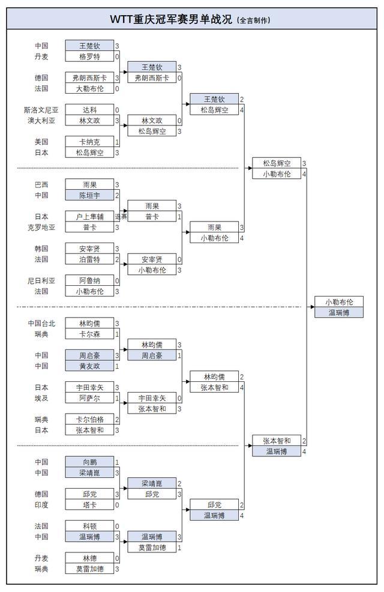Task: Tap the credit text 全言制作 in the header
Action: coord(254,20)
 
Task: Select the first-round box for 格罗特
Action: coord(89,56)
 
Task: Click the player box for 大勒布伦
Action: coord(89,88)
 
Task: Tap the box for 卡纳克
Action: coord(89,142)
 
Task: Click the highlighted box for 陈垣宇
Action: coord(89,195)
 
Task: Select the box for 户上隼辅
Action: coord(89,217)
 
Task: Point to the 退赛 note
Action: coord(121,217)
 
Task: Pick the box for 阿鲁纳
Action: coord(89,280)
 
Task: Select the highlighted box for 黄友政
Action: coord(89,366)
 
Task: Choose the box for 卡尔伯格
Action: coord(89,419)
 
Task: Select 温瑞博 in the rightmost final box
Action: coord(338,312)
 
